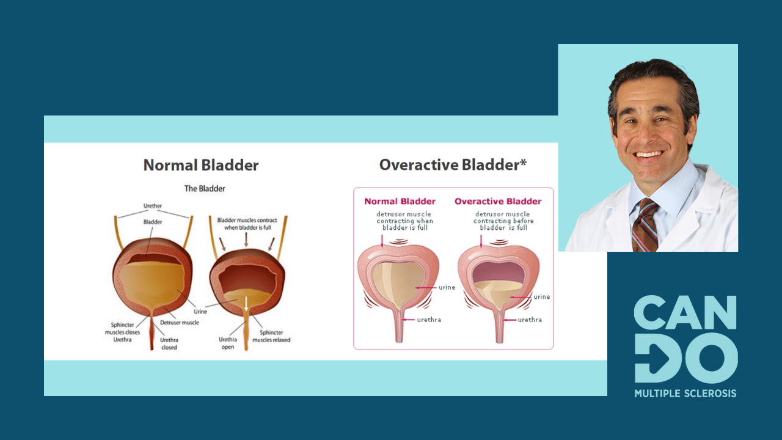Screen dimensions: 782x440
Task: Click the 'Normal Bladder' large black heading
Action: tap(201, 165)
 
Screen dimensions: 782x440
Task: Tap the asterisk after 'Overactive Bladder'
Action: tap(523, 162)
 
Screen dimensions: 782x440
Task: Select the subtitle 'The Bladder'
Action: tap(205, 189)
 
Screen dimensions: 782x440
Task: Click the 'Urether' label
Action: tap(153, 206)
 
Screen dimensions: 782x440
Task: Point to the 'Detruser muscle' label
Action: tap(180, 323)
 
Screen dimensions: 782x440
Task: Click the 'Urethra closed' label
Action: tap(169, 343)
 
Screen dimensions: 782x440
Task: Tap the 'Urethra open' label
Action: tap(228, 343)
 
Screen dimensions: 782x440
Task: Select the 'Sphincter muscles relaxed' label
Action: tap(271, 336)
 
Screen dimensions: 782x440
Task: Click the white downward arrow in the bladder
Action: tap(246, 304)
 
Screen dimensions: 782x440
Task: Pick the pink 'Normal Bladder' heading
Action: tap(400, 202)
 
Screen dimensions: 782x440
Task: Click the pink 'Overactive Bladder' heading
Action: tap(498, 202)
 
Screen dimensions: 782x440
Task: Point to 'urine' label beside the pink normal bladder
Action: tap(447, 287)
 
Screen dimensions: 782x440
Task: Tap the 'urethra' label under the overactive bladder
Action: tap(530, 320)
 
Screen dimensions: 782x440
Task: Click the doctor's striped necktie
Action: tap(645, 226)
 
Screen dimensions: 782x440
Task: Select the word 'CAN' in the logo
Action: tap(685, 312)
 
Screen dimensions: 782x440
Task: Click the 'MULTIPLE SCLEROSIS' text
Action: tap(685, 394)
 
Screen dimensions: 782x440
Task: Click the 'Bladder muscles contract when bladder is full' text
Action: tap(247, 224)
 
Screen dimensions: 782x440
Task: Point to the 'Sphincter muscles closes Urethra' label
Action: tap(122, 332)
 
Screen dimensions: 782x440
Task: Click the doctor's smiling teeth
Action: tap(649, 154)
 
